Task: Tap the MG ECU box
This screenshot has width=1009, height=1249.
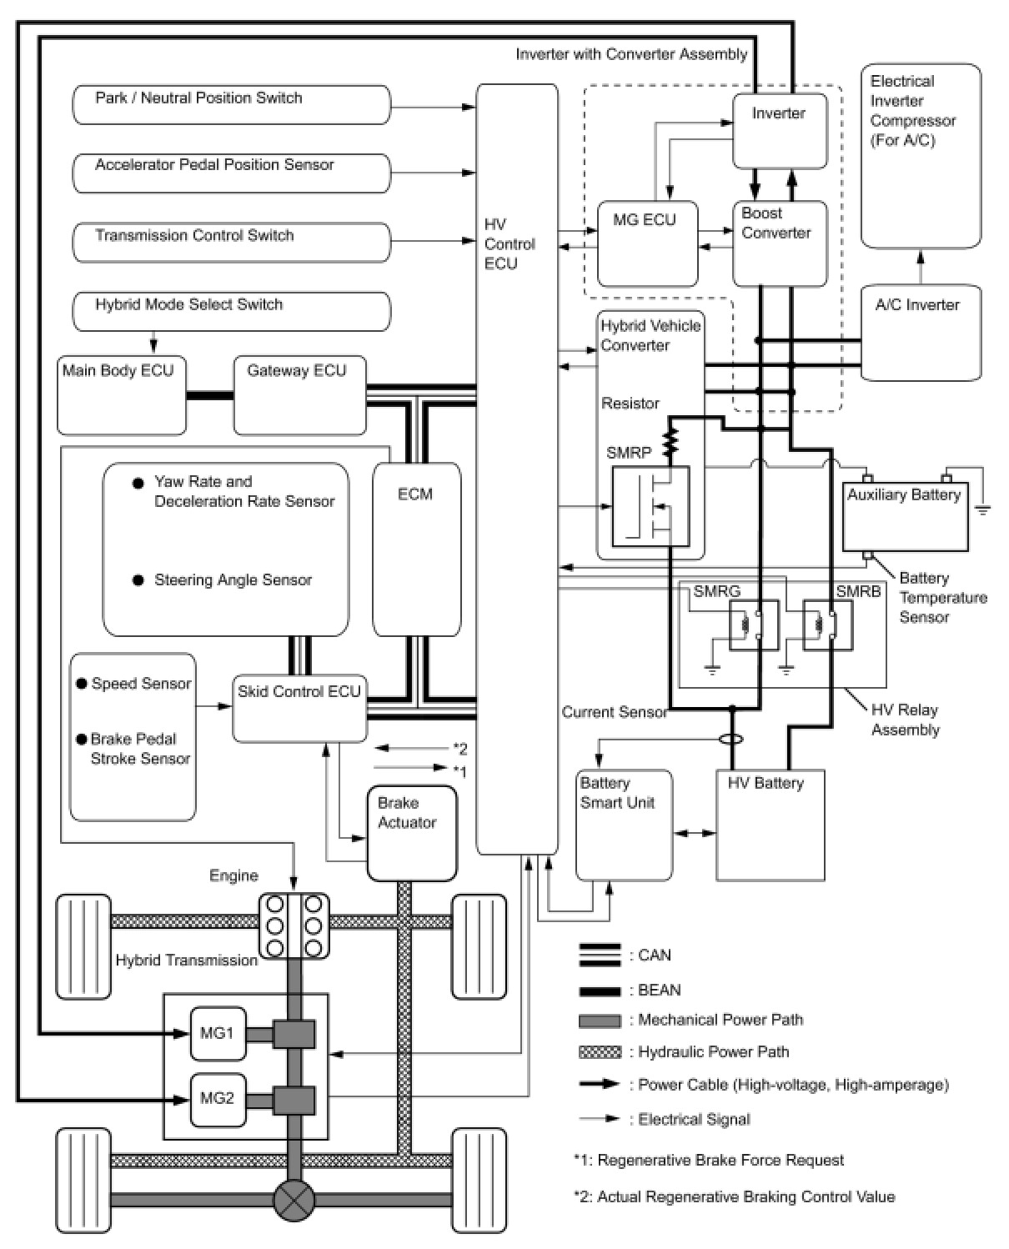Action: (647, 244)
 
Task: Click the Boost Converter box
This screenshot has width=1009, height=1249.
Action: (780, 244)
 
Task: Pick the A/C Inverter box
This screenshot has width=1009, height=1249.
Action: (921, 333)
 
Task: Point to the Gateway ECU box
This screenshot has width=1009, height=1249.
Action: (299, 395)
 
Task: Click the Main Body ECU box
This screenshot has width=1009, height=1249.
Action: (122, 395)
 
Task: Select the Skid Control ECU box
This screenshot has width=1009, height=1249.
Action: (299, 709)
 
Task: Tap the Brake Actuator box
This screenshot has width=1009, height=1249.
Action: (412, 833)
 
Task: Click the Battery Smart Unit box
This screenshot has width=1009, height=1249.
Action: (624, 825)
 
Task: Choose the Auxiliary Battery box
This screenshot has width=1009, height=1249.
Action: (906, 517)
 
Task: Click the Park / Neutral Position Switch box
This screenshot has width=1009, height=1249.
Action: (231, 104)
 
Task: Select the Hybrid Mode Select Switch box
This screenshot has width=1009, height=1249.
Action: (231, 311)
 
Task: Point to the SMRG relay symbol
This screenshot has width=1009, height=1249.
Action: (754, 624)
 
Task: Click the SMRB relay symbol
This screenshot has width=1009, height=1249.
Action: (827, 624)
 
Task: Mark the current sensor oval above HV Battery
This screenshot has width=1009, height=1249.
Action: (731, 740)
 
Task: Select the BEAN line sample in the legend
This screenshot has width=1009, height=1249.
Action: (600, 991)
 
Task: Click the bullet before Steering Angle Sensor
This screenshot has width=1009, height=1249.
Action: (138, 580)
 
